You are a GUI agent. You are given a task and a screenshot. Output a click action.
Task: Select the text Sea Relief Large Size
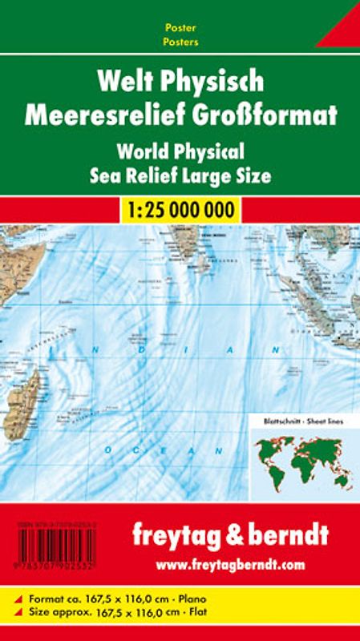180,174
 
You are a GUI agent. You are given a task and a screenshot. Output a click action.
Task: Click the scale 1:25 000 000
180,211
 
